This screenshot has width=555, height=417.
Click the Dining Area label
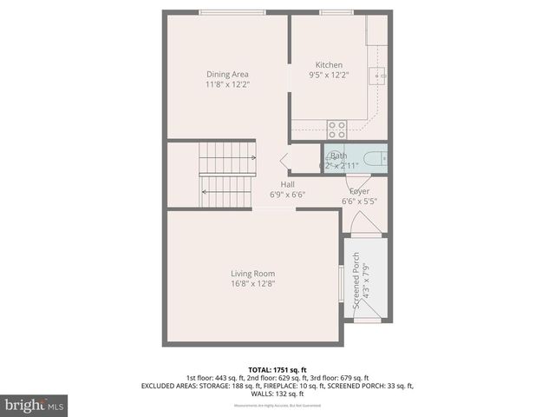click(x=227, y=74)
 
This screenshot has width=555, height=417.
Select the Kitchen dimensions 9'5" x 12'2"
click(x=329, y=76)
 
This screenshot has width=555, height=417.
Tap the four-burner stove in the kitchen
click(x=336, y=129)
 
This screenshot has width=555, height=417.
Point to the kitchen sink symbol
click(x=378, y=76)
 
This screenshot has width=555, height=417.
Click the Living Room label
click(x=252, y=273)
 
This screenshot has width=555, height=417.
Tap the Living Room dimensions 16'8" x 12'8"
click(x=252, y=283)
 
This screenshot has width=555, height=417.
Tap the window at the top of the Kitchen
click(x=330, y=12)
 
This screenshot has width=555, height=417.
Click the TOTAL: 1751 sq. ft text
click(x=277, y=368)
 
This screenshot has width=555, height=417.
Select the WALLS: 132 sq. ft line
click(x=277, y=393)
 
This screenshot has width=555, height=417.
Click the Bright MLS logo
click(x=35, y=406)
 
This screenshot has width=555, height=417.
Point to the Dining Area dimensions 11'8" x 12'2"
click(x=227, y=84)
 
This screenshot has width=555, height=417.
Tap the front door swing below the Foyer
click(x=364, y=225)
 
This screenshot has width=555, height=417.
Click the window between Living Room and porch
click(x=340, y=283)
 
